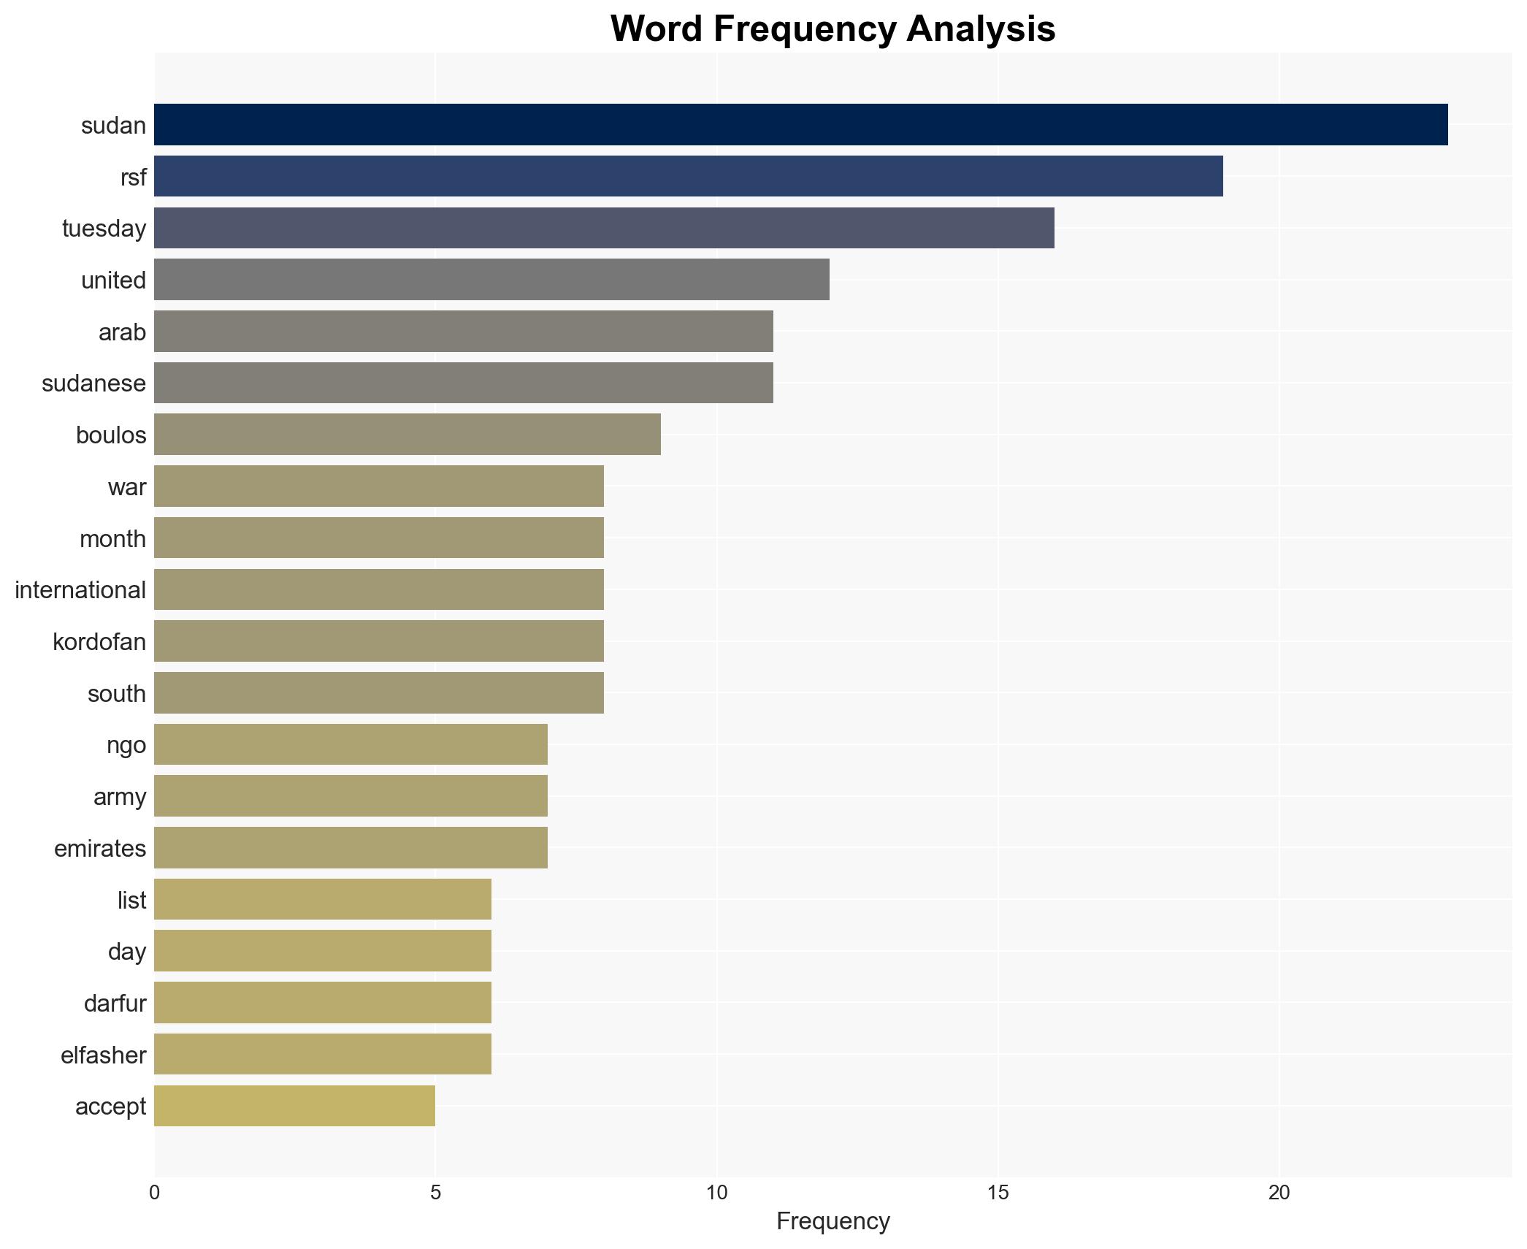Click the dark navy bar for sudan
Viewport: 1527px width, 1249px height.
point(800,125)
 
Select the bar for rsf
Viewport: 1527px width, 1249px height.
point(688,176)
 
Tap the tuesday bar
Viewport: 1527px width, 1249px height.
point(604,228)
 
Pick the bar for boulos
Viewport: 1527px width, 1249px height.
point(407,435)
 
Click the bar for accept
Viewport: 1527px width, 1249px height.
point(294,1106)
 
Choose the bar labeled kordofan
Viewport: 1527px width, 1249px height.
point(378,641)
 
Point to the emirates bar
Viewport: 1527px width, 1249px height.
point(351,847)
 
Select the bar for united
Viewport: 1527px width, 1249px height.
point(491,280)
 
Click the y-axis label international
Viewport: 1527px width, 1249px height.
point(80,589)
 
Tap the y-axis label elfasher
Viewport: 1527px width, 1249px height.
point(103,1055)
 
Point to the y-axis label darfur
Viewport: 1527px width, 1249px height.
point(115,1003)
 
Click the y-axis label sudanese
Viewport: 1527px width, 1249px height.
point(93,383)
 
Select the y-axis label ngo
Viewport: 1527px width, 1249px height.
point(126,745)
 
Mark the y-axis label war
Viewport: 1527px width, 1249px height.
point(126,486)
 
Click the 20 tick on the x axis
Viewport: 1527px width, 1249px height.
point(1279,1193)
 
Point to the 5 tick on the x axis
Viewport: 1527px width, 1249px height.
point(435,1193)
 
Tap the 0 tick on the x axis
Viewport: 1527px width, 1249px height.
point(154,1193)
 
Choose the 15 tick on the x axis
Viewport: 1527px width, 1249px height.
point(998,1193)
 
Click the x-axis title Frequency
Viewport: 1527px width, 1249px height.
point(833,1221)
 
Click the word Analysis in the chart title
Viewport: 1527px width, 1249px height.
point(981,29)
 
